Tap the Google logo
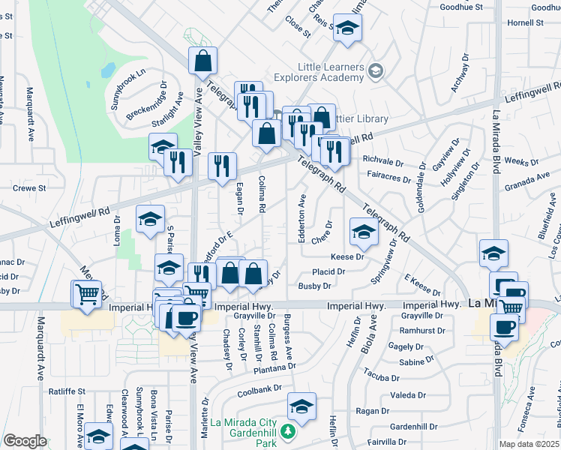[25, 441]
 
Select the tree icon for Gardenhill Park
[286, 433]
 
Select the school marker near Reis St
[346, 28]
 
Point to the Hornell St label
[525, 22]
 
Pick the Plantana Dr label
[274, 367]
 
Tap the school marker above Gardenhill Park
[301, 406]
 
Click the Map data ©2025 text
[528, 444]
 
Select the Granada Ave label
[527, 181]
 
